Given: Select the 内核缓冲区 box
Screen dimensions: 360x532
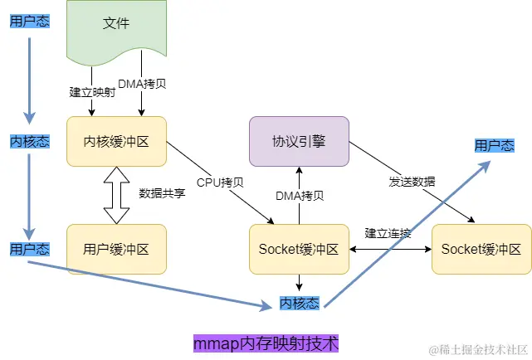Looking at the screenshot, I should (116, 141).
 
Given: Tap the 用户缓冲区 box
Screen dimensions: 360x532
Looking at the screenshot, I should (116, 248).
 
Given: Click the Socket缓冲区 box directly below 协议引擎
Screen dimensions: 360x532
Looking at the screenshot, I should (299, 249).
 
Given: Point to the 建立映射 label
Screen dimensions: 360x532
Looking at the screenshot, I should (86, 91).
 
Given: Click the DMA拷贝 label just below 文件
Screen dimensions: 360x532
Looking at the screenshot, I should (143, 84).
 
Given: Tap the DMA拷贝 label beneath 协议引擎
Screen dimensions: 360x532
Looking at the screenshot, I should (300, 196).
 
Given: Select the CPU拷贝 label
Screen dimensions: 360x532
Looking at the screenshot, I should (220, 182).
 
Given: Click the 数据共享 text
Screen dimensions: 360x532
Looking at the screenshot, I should (162, 193).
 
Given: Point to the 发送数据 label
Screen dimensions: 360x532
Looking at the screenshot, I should (412, 182).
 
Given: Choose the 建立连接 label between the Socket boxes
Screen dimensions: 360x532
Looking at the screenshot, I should (388, 233).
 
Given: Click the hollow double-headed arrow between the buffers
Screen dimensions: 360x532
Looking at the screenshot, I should (116, 195).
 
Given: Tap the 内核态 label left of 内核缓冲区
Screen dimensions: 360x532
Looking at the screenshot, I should (29, 141).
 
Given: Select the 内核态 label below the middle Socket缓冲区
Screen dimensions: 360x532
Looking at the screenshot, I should (299, 303).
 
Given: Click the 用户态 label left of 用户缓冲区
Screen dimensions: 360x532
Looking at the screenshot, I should (29, 249).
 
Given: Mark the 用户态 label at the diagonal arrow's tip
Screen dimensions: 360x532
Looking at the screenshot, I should (494, 145).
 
